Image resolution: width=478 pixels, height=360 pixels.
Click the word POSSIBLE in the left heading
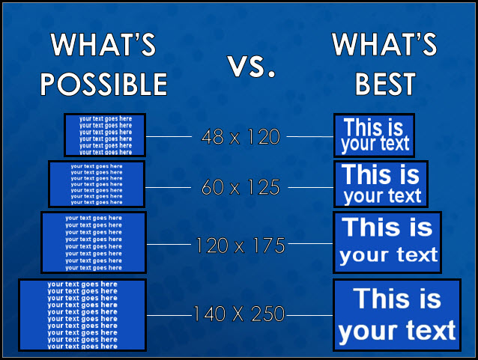tap(104, 84)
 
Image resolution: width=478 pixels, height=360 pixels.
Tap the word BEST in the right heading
tap(385, 84)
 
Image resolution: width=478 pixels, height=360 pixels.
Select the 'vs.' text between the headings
tap(252, 66)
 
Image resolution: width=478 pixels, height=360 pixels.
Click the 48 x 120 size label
tap(240, 136)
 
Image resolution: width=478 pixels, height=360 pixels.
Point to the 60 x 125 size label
tap(240, 187)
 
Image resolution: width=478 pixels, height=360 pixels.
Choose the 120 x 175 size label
tap(240, 245)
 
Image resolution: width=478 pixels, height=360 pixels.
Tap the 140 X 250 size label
tap(239, 314)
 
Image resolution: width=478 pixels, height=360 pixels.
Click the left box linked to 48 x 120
tap(105, 135)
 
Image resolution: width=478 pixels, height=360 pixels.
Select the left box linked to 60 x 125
tap(97, 184)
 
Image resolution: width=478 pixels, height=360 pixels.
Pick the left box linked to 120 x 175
tap(94, 242)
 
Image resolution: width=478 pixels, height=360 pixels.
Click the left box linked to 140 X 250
tap(82, 315)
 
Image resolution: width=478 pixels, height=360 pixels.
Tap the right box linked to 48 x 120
tap(374, 135)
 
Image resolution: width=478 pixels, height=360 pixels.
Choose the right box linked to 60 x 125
tap(381, 184)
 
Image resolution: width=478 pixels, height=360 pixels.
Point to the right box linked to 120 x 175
tap(387, 242)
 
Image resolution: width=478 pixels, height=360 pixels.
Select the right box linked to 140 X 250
tap(397, 315)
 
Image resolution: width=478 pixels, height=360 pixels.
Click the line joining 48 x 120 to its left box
tap(169, 136)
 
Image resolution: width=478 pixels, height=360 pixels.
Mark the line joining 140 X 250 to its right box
tap(309, 315)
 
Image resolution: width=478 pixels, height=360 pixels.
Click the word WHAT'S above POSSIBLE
tap(103, 44)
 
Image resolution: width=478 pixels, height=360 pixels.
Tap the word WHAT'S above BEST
tap(384, 44)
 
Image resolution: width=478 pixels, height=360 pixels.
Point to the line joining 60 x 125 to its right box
tap(310, 187)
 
